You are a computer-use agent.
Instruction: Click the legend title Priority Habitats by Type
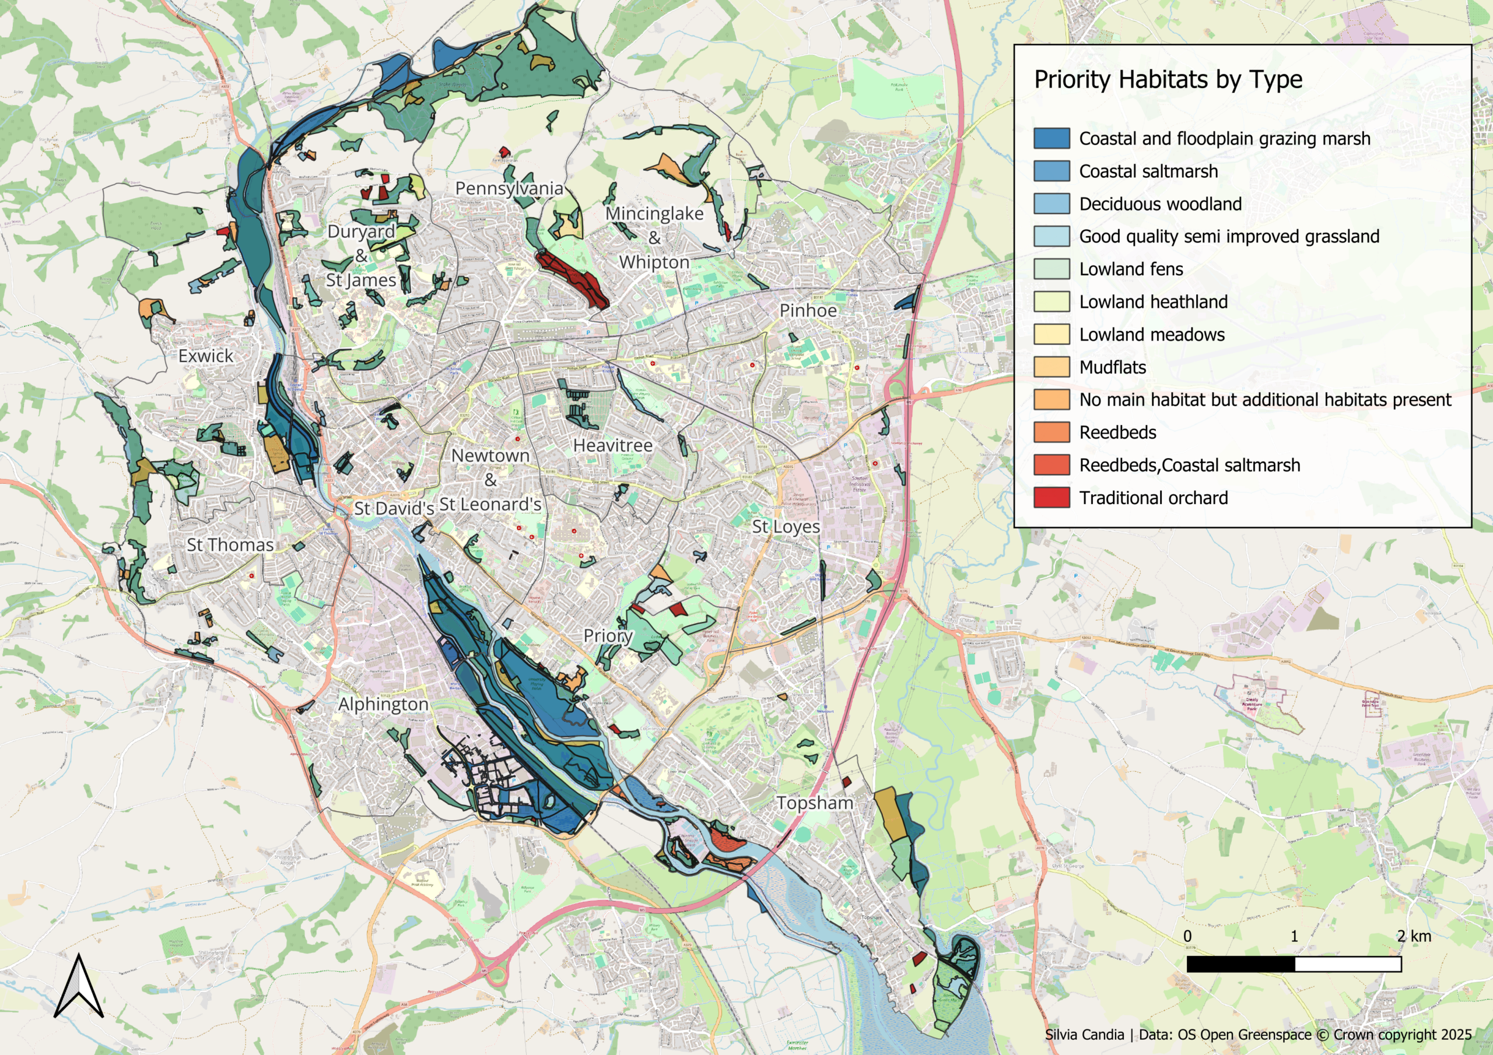click(1168, 79)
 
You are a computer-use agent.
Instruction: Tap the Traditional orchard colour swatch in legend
click(1052, 498)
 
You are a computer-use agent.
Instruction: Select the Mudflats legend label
click(1113, 367)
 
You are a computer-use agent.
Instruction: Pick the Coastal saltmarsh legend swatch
click(1052, 171)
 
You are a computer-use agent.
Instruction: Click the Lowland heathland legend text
click(1153, 301)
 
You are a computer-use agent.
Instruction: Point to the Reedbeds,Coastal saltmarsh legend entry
click(1189, 465)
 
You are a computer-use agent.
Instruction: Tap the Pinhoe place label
click(808, 311)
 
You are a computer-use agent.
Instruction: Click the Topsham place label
click(814, 803)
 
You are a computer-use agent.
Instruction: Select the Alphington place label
click(383, 704)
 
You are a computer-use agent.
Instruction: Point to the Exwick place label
click(205, 356)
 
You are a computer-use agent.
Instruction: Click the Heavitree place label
click(612, 446)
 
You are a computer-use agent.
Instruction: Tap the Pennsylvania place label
click(509, 188)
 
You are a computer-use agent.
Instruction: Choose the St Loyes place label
click(786, 526)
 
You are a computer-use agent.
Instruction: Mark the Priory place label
click(607, 636)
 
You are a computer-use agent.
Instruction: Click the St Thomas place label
click(230, 545)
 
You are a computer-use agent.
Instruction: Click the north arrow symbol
click(79, 987)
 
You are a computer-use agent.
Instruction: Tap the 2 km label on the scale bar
click(1414, 936)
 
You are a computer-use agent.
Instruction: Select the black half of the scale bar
click(1240, 964)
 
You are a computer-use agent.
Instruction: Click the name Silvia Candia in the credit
click(1084, 1034)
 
